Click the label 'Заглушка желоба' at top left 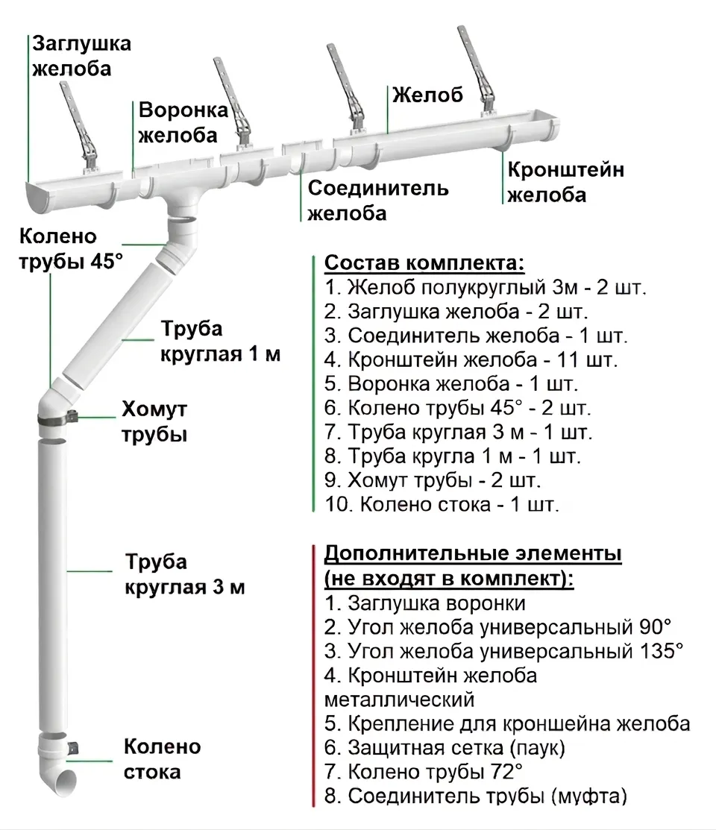(x=81, y=55)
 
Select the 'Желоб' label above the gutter (x=427, y=95)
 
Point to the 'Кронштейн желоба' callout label (x=565, y=182)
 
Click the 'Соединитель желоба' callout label (x=378, y=200)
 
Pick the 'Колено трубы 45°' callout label (x=70, y=249)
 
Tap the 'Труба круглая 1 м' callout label (x=220, y=341)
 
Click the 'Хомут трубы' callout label (x=154, y=421)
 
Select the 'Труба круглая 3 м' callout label (x=184, y=574)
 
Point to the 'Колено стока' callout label (x=162, y=758)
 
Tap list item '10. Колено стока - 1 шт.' (x=442, y=504)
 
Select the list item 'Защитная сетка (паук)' (x=445, y=746)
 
